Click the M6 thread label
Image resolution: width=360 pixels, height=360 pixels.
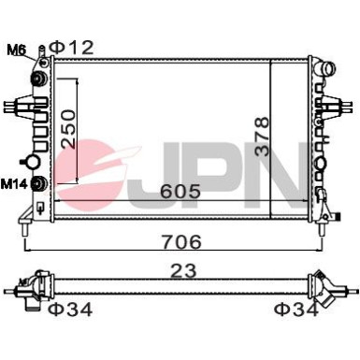tap(17, 50)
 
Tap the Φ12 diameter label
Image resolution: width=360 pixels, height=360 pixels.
tap(72, 48)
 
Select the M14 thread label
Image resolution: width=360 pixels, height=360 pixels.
tap(14, 184)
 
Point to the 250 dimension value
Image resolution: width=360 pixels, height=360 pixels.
tap(69, 128)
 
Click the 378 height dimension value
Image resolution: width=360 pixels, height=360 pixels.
tap(261, 136)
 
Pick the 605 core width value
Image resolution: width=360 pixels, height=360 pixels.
tap(180, 191)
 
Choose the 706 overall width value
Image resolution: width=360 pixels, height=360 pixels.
tap(182, 241)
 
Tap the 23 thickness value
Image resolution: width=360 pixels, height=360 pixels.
tap(184, 270)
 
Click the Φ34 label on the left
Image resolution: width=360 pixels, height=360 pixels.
tap(71, 310)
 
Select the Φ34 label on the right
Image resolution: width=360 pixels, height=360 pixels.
tap(296, 310)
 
